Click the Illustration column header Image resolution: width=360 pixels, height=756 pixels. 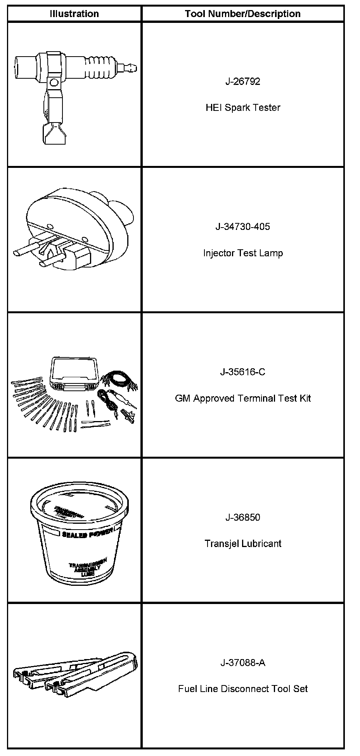click(74, 14)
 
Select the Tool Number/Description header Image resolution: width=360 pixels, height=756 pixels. click(243, 14)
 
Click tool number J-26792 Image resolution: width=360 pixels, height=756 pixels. click(243, 81)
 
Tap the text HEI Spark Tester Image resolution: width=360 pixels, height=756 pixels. click(243, 107)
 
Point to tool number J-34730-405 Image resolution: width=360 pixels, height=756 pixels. click(243, 226)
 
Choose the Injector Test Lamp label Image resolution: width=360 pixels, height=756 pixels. click(243, 253)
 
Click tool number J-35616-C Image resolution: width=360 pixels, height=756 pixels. click(243, 372)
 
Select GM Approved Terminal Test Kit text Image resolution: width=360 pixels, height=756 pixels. click(243, 398)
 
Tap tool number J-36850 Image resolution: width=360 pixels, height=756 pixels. click(243, 517)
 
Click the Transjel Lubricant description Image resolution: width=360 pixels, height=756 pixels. click(243, 544)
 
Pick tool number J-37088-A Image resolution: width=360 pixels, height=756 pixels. click(243, 663)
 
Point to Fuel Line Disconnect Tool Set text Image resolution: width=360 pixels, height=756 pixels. click(243, 689)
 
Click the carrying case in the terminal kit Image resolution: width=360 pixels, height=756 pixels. click(74, 376)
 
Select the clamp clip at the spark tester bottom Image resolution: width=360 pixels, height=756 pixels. click(54, 133)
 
